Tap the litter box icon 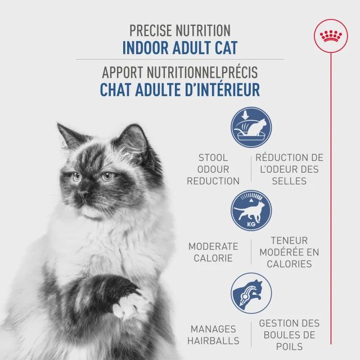(x=251, y=128)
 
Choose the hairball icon (x=251, y=292)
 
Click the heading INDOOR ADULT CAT (x=179, y=47)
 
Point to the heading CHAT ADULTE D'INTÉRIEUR (x=179, y=89)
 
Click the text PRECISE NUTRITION (x=179, y=30)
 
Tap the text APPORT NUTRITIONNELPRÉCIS (x=179, y=73)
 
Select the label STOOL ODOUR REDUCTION (x=213, y=169)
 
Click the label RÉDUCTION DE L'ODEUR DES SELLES (x=289, y=169)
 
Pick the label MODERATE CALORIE (x=213, y=252)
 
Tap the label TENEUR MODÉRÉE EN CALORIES (x=289, y=252)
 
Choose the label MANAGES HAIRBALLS (x=214, y=335)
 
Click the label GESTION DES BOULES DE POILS (x=289, y=335)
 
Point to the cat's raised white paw (x=127, y=307)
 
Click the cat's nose (x=83, y=194)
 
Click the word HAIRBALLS (x=214, y=341)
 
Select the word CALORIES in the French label (x=289, y=264)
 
